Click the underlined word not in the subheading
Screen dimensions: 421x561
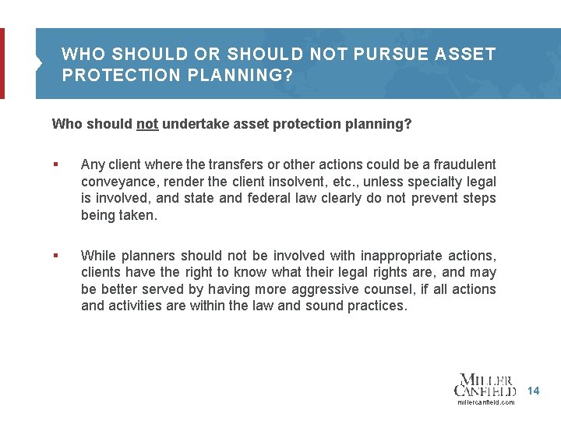click(147, 124)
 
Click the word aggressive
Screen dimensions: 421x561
click(320, 289)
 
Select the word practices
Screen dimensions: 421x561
click(375, 306)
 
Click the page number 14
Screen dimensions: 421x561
click(533, 390)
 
